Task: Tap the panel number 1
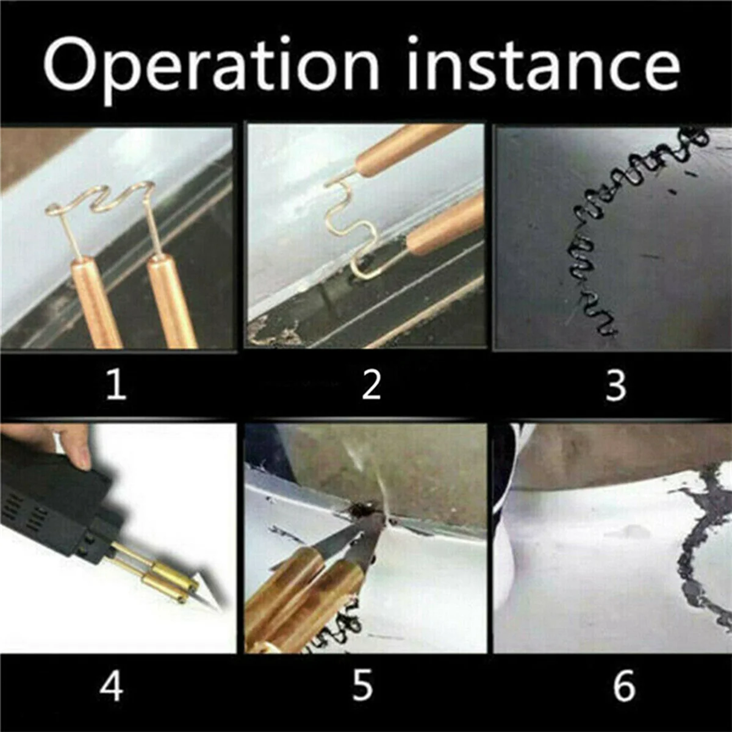pyautogui.click(x=117, y=385)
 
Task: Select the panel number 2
pyautogui.click(x=371, y=385)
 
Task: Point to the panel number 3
pyautogui.click(x=615, y=385)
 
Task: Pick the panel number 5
pyautogui.click(x=362, y=685)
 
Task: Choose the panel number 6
pyautogui.click(x=623, y=685)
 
